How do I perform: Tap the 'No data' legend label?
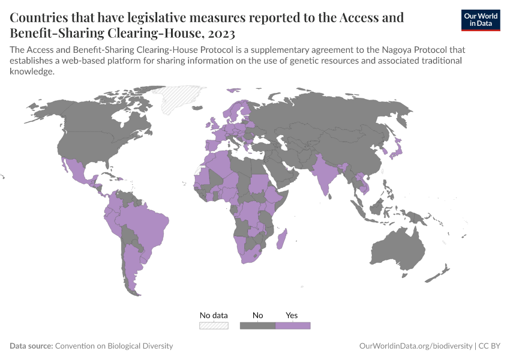tap(214, 315)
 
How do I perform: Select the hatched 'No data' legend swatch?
tap(214, 325)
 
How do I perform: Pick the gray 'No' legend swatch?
tap(257, 325)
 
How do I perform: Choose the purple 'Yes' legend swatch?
tap(293, 325)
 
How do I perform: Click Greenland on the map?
tap(183, 99)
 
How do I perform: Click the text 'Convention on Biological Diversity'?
tap(114, 346)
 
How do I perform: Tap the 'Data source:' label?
tap(31, 346)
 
